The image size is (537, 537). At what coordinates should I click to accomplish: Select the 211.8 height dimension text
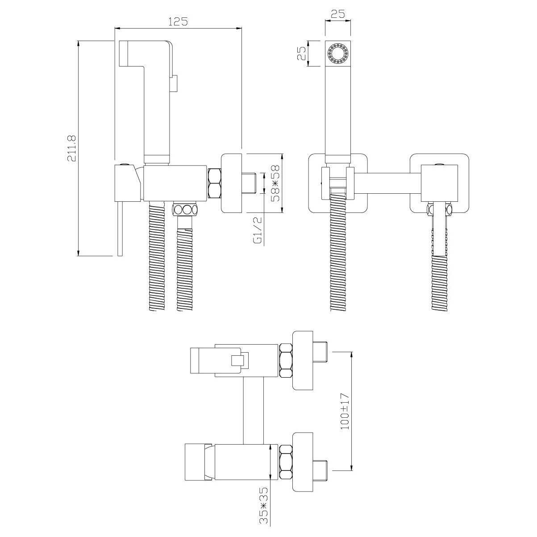pos(71,149)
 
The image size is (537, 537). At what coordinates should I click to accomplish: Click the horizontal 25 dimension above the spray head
pos(338,13)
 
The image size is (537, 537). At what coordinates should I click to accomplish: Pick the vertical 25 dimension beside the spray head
pos(302,53)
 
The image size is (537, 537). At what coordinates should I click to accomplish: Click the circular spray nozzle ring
pos(337,53)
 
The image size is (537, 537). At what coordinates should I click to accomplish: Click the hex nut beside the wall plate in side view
pos(214,183)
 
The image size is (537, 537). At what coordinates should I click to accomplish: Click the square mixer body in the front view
pos(439,183)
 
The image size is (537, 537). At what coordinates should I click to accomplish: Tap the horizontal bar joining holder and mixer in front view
pos(387,183)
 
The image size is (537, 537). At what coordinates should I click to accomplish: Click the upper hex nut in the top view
pos(285,361)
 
